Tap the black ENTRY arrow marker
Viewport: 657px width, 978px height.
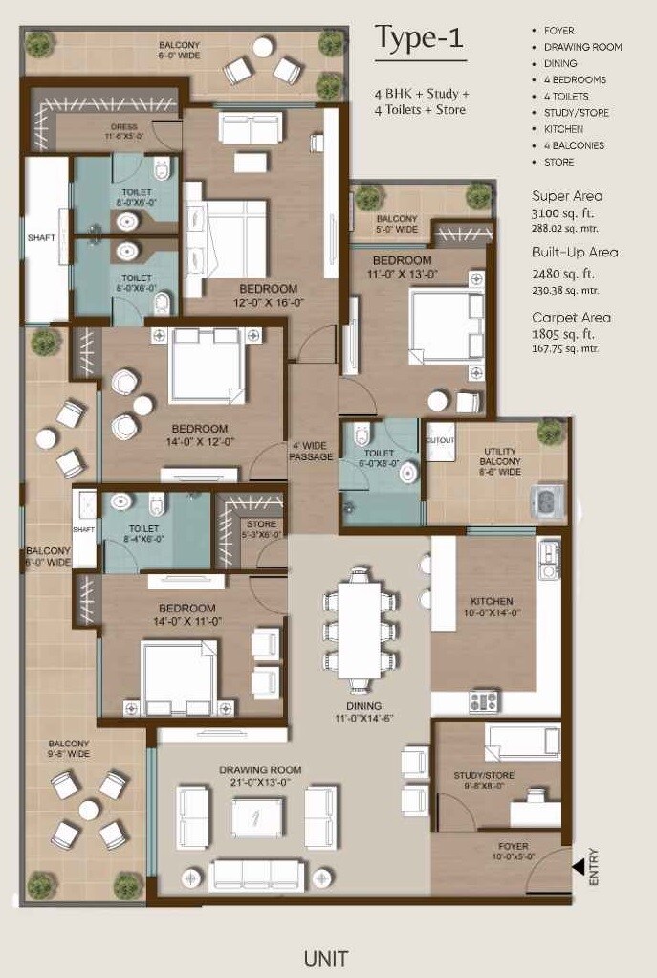click(579, 866)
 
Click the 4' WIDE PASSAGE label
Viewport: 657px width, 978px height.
click(313, 451)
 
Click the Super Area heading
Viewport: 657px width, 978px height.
click(567, 196)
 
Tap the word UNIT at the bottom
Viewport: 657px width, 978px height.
click(326, 957)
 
